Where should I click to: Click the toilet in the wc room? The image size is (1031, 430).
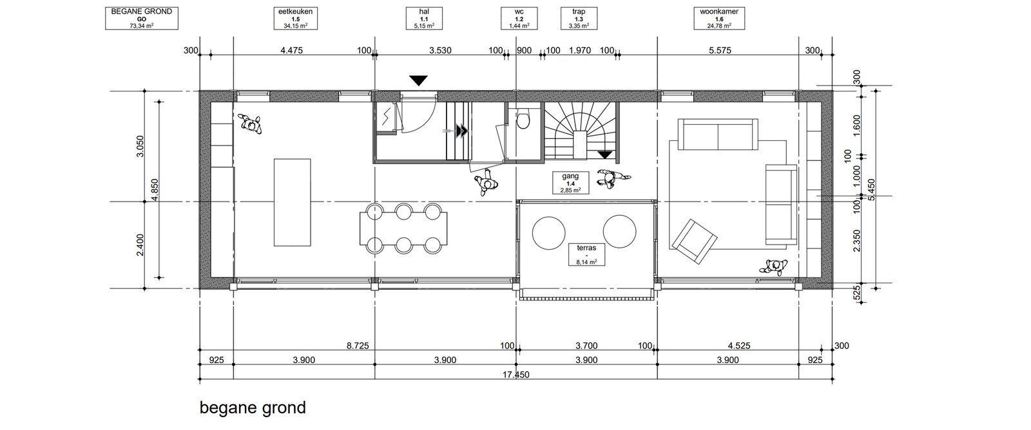tap(523, 120)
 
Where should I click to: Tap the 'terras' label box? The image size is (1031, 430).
tap(586, 254)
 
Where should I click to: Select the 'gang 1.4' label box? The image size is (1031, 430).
tap(570, 183)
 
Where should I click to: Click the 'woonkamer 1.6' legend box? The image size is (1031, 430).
tap(719, 19)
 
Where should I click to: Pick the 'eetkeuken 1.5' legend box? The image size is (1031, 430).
tap(296, 19)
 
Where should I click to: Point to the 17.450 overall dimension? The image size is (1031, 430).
tap(516, 375)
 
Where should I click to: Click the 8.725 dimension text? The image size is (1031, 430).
tap(358, 346)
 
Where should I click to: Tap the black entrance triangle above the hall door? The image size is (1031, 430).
tap(418, 80)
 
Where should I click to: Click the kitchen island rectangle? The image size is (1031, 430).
tap(293, 202)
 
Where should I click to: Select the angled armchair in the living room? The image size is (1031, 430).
tap(694, 241)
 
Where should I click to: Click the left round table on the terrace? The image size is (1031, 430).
tap(548, 232)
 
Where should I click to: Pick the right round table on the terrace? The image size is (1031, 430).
tap(619, 231)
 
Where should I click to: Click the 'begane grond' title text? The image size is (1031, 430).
tap(253, 408)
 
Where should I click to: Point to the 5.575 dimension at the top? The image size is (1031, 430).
tap(720, 51)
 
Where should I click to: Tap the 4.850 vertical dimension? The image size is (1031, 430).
tap(155, 189)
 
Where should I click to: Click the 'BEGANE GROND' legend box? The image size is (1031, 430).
tap(142, 19)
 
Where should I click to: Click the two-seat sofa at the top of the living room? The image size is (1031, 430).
tap(718, 135)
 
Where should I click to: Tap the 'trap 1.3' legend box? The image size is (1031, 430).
tap(579, 19)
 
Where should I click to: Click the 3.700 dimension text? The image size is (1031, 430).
tap(586, 346)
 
